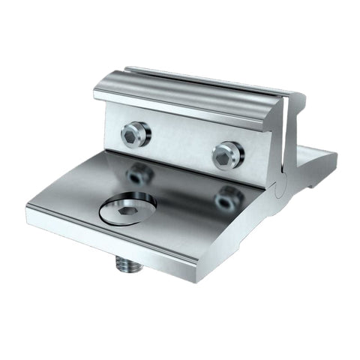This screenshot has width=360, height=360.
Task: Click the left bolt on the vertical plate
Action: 135,135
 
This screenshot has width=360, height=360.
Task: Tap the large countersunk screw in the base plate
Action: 127,208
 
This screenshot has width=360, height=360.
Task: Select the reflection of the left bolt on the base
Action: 139,175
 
